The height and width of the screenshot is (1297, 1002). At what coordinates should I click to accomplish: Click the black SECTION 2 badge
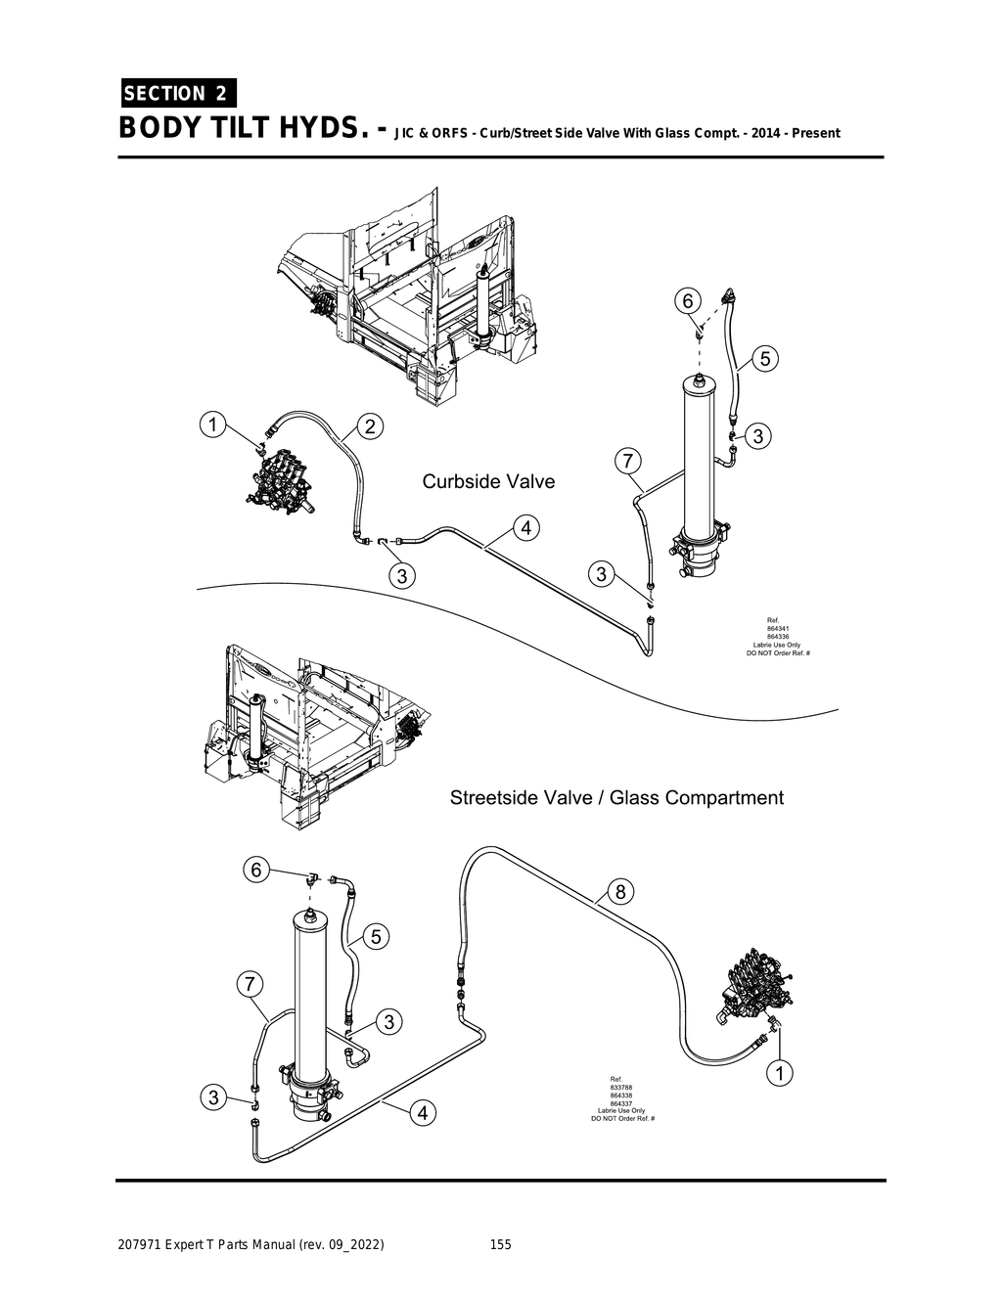tap(177, 94)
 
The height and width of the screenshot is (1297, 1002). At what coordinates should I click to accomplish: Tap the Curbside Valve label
tap(488, 481)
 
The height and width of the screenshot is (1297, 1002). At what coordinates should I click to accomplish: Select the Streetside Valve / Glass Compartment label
tap(616, 797)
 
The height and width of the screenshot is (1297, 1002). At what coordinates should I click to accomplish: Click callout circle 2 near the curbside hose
tap(370, 426)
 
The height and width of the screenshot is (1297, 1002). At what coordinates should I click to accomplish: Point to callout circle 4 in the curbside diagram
tap(525, 528)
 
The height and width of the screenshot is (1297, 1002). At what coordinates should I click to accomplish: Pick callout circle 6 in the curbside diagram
tap(687, 299)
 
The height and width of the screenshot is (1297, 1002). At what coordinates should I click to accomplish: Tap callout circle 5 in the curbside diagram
tap(765, 359)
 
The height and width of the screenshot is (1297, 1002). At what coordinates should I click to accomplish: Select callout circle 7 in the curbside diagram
tap(627, 460)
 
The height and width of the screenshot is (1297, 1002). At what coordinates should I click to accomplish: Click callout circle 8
tap(620, 891)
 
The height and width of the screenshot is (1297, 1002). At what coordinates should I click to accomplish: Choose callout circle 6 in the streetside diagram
tap(256, 870)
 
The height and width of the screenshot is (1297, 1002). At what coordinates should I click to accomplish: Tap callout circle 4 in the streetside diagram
tap(422, 1113)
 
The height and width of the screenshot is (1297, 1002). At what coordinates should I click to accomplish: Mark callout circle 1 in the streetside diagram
tap(779, 1074)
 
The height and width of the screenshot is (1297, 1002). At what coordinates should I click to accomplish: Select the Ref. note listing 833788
tap(621, 1098)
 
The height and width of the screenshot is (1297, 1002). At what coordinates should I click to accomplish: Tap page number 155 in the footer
tap(500, 1245)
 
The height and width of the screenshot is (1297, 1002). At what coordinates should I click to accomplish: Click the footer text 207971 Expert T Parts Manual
tap(250, 1245)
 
